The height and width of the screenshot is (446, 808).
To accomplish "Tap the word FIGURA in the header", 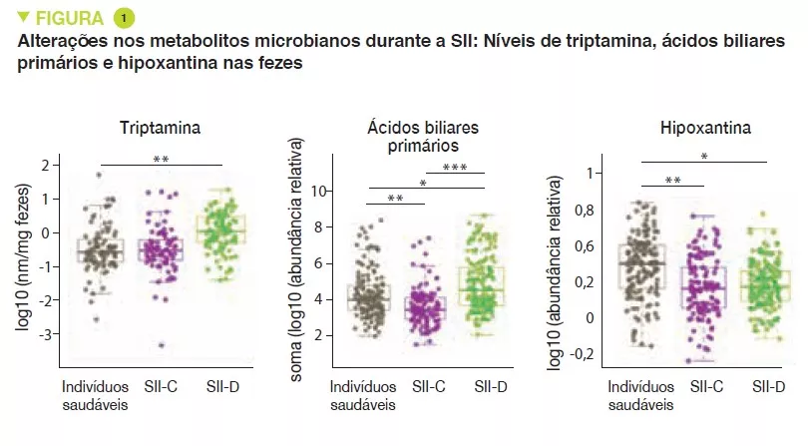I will [69, 18].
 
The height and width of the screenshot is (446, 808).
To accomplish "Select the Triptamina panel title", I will [160, 129].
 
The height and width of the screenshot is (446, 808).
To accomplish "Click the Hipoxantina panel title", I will [705, 129].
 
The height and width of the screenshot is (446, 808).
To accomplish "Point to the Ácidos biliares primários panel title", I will [422, 138].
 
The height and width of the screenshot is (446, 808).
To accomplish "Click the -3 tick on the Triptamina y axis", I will [41, 333].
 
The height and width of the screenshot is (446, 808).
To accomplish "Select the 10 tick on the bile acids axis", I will [321, 190].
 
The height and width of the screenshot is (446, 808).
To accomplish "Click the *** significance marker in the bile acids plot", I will [455, 167].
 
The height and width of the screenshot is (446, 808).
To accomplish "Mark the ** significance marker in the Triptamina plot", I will [160, 158].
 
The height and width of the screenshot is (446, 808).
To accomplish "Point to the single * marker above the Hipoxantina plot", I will [704, 156].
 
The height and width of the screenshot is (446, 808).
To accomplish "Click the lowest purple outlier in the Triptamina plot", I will [160, 345].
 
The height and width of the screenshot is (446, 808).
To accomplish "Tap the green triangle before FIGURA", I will [23, 18].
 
